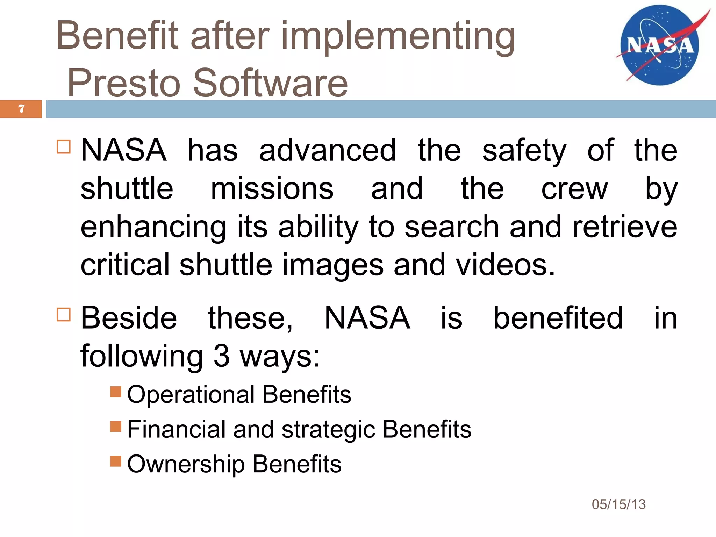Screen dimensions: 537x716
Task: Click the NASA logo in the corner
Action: [x=659, y=45]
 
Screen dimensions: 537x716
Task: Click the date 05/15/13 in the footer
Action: [x=618, y=504]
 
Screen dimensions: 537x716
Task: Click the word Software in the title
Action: [x=270, y=83]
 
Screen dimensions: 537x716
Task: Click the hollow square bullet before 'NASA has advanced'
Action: [x=64, y=147]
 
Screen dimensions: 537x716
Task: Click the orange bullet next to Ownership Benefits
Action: [x=115, y=461]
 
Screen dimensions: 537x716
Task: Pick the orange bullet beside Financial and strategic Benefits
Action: [x=115, y=427]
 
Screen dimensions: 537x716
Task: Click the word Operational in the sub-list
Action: [x=191, y=395]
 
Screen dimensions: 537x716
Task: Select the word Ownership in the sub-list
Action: [x=186, y=465]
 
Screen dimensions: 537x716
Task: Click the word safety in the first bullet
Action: [x=524, y=151]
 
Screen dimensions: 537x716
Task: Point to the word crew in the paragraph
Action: [x=574, y=189]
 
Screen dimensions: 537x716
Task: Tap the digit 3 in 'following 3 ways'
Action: [x=221, y=356]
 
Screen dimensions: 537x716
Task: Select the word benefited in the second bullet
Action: [x=558, y=318]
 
